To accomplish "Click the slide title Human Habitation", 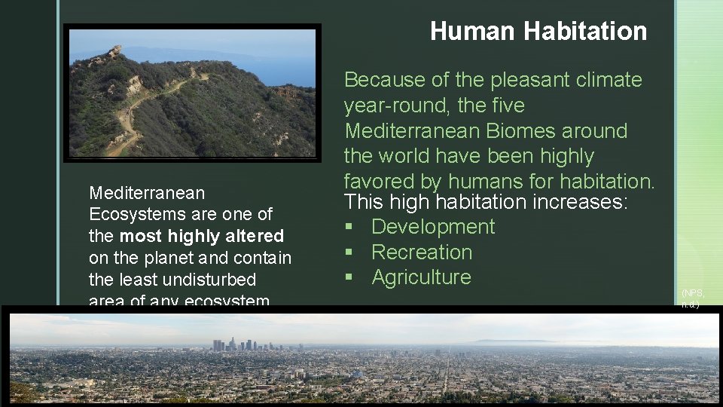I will coord(538,32).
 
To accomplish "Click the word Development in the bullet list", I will coord(432,227).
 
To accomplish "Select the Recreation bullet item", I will coord(421,252).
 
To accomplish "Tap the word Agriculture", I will coord(421,277).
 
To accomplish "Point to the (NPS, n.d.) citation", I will coord(692,298).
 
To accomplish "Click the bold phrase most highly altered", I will coord(201,236).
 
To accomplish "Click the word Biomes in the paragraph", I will coord(520,131).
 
